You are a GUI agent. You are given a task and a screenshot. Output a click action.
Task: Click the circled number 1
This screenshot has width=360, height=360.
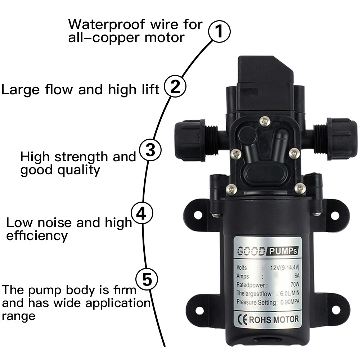pos(219,32)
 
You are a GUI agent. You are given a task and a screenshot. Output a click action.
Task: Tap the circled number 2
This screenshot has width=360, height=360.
pos(175,87)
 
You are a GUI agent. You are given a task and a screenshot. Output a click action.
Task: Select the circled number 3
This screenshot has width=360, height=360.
pos(150,150)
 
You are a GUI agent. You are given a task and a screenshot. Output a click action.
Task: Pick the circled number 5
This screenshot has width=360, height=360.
pos(147,279)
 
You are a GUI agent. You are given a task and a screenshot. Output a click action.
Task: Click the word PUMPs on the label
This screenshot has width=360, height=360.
pos(283,250)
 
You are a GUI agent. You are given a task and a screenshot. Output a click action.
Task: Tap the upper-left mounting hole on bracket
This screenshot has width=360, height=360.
pos(198,215)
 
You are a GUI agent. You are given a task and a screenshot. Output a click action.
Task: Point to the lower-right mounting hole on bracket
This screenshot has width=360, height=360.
pos(335,309)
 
